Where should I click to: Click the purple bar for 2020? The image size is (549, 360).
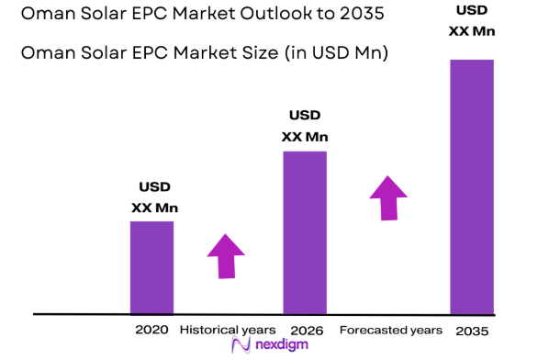coord(151,267)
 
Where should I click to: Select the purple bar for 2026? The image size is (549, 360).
coord(304,231)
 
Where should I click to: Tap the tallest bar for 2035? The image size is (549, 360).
coord(471,186)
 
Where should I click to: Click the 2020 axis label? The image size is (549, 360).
coord(151,330)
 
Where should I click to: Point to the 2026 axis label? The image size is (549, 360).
coord(304,330)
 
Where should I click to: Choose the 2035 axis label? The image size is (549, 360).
coord(471,330)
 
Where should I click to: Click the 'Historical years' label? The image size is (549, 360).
coord(227,330)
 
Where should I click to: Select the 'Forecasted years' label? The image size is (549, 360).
coord(390,330)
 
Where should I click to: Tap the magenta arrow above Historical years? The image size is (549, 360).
coord(225,255)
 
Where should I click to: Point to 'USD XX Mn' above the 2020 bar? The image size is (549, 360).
coord(153,197)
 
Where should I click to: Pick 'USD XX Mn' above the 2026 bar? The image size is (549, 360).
coord(305,127)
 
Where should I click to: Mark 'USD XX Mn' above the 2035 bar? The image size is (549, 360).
coord(471,21)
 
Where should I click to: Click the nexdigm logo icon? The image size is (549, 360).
coord(241,346)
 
